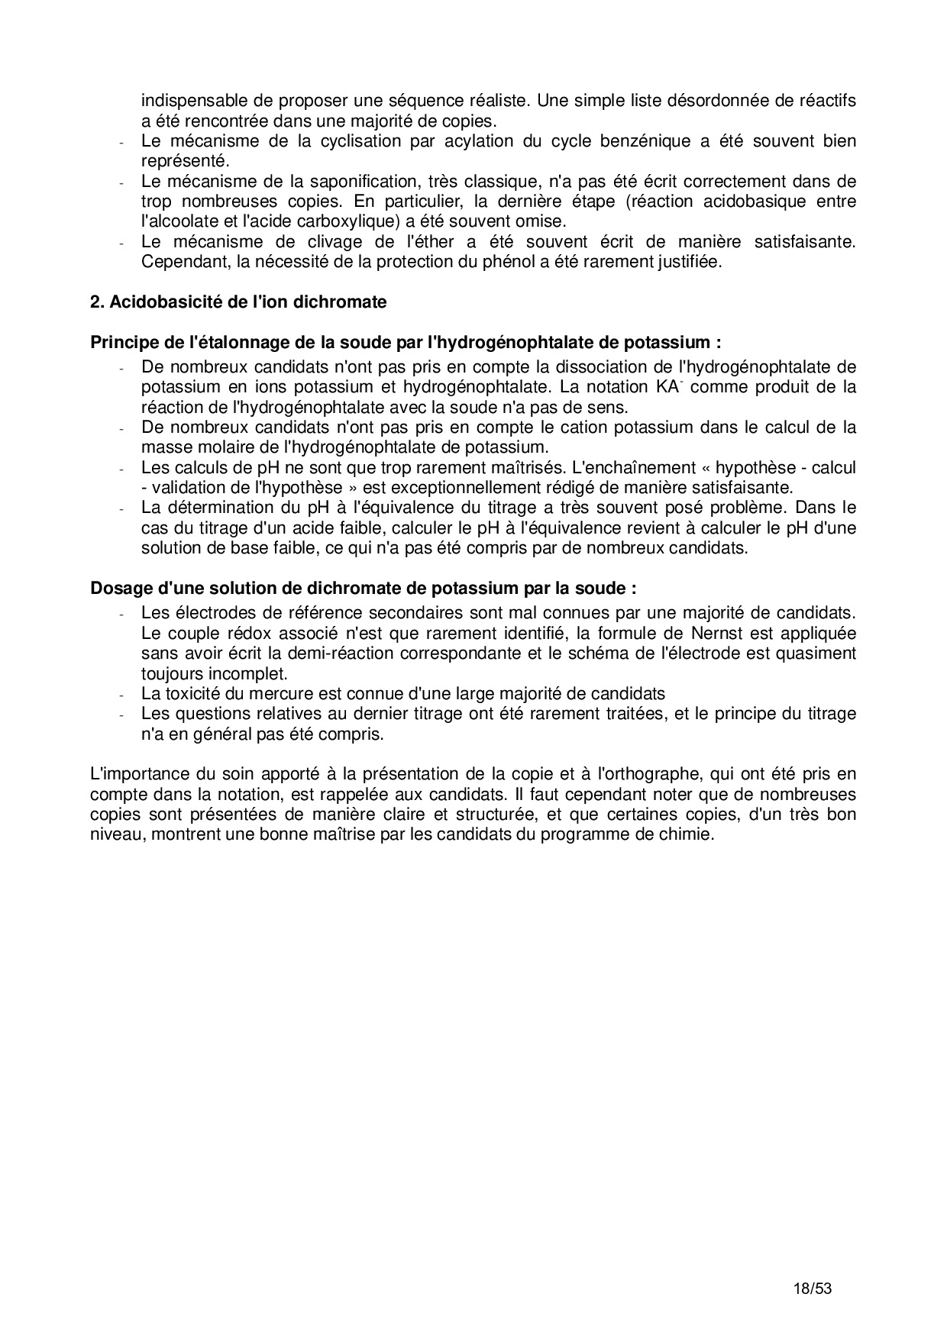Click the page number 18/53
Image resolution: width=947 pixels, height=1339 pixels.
[811, 1289]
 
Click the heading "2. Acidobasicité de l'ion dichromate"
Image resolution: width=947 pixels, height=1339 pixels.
[238, 302]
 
